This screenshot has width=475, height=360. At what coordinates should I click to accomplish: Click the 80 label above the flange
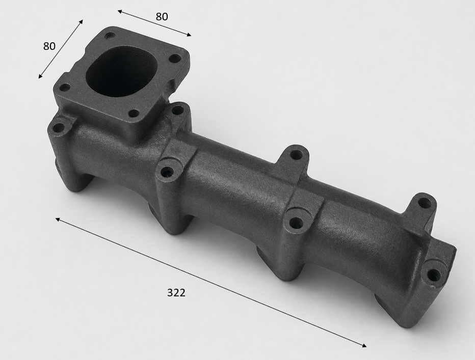tap(162, 17)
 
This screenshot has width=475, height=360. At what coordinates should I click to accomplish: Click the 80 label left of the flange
tap(49, 46)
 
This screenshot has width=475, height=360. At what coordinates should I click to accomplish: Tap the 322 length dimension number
tap(176, 292)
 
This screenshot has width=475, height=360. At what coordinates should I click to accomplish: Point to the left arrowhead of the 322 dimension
tap(58, 219)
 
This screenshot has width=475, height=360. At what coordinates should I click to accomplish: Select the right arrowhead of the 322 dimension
tap(364, 345)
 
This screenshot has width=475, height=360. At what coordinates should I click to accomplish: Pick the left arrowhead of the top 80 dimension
tap(120, 12)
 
